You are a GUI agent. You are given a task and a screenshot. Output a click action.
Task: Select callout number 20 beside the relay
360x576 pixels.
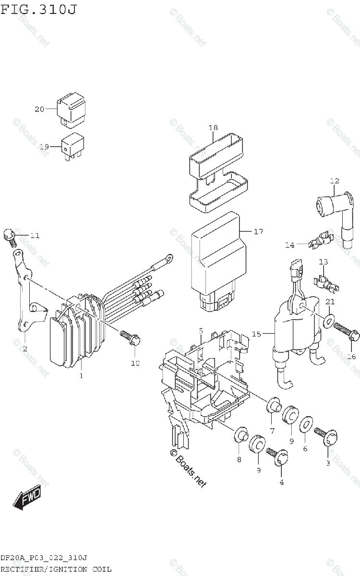coord(39,109)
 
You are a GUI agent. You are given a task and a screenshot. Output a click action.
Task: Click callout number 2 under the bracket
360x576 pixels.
coord(24,348)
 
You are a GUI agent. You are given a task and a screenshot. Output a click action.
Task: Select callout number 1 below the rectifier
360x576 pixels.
coord(81,375)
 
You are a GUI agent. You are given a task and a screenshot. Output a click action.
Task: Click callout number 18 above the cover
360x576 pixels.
coord(213,128)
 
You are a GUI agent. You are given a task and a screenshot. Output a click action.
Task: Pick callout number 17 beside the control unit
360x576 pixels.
coord(258,232)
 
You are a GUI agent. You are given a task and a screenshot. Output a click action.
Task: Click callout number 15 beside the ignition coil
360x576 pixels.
coord(256,334)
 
